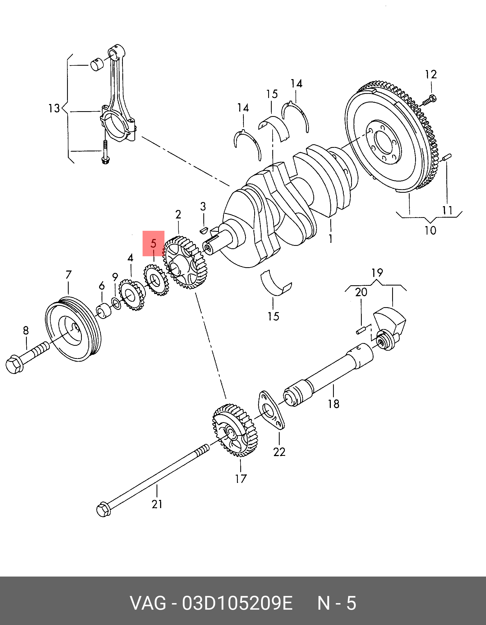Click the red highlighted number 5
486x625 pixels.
point(154,244)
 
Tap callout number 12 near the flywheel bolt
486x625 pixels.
point(431,75)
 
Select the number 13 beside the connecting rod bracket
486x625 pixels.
point(54,108)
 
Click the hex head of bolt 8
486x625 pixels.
point(14,365)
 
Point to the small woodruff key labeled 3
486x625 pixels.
point(203,229)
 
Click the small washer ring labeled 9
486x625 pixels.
point(116,303)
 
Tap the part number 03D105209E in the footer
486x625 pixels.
point(237,603)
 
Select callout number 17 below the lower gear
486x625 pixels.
point(241,479)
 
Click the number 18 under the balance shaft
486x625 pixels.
point(333,404)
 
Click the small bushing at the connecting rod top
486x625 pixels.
point(97,64)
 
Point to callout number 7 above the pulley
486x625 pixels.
point(68,275)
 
